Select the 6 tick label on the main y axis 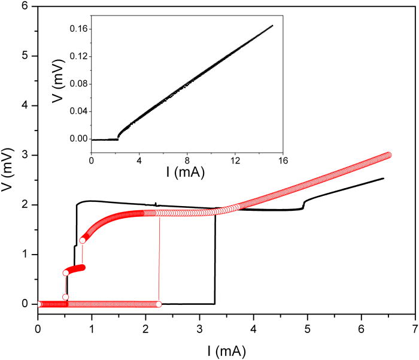(26, 6)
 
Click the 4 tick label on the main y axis (26, 105)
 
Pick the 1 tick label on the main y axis (26, 255)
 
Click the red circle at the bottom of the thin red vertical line (159, 304)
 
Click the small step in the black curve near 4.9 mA (304, 204)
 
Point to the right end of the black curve (383, 178)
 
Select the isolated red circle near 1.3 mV (83, 240)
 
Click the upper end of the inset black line (273, 25)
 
